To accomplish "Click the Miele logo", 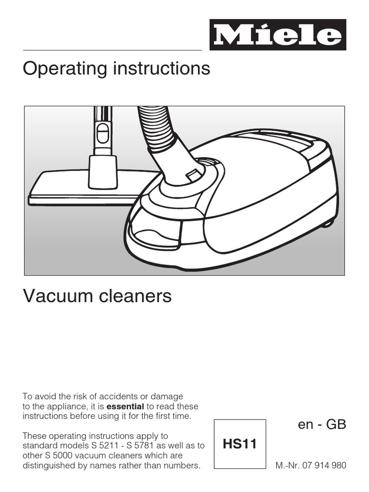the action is click(x=278, y=35).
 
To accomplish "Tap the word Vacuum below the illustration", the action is click(x=59, y=296).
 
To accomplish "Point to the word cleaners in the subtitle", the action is click(x=135, y=296).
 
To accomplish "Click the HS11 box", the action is click(x=240, y=444).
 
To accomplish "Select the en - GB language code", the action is click(x=322, y=424).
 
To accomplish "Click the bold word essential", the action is click(x=125, y=406).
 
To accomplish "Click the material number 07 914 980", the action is click(x=324, y=465).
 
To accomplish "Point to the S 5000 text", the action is click(x=51, y=455).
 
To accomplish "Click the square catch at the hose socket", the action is click(x=193, y=174).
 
